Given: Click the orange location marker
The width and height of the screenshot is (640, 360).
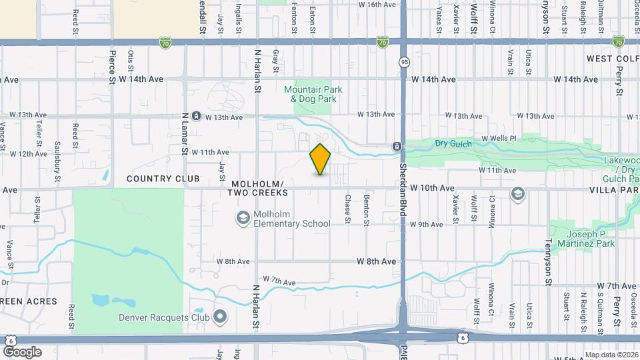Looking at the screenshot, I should [321, 159].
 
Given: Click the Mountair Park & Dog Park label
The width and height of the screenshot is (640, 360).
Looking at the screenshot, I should [310, 94].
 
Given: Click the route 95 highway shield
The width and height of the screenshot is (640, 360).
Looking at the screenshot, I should [404, 62].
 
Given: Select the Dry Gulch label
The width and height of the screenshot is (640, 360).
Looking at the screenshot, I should [453, 143].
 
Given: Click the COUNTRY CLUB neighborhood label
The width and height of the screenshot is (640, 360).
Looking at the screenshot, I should [163, 179].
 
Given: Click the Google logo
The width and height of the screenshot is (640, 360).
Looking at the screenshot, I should [22, 351].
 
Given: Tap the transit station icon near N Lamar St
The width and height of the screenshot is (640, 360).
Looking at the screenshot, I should [196, 116].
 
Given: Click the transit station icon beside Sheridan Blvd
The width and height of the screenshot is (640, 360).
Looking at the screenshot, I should [397, 147].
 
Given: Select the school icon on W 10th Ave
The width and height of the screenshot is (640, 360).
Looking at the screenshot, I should [517, 193].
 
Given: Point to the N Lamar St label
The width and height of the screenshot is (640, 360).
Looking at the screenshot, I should [185, 133].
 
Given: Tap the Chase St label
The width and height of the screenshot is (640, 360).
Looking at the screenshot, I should [347, 209].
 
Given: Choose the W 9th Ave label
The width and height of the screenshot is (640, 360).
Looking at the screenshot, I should [427, 225].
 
